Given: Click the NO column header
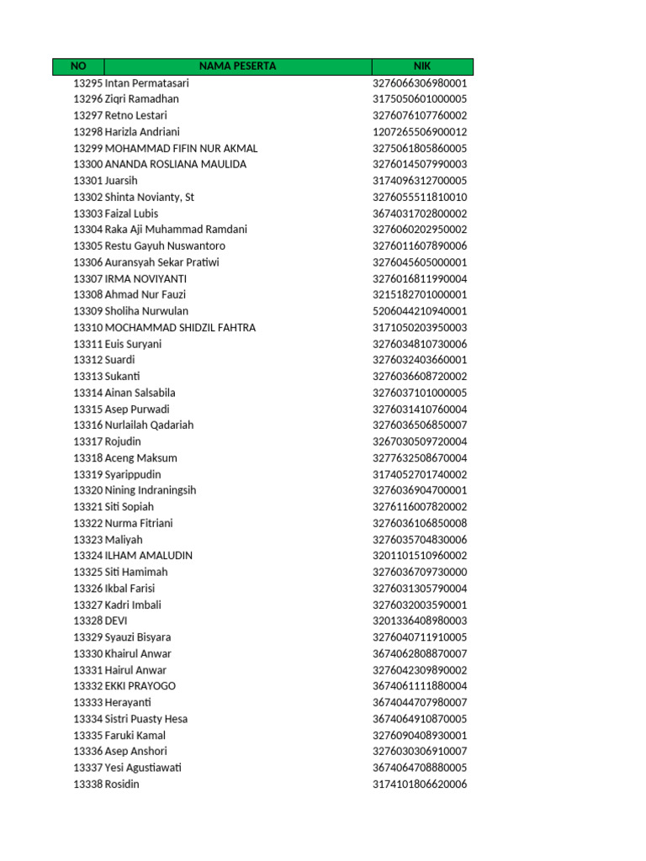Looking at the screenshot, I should pyautogui.click(x=78, y=66).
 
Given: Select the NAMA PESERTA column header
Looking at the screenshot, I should pyautogui.click(x=237, y=66).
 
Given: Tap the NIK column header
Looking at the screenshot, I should pyautogui.click(x=422, y=66).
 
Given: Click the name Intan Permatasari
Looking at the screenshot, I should pyautogui.click(x=147, y=83).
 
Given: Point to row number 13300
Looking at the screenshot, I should pyautogui.click(x=87, y=165).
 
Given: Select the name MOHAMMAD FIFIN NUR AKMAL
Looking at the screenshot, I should pyautogui.click(x=181, y=148).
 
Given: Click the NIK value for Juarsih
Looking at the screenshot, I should pyautogui.click(x=420, y=181).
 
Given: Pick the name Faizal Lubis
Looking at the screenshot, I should pyautogui.click(x=131, y=214).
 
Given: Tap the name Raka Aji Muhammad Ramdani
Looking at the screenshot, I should pyautogui.click(x=176, y=230).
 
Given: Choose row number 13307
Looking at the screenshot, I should pyautogui.click(x=87, y=278).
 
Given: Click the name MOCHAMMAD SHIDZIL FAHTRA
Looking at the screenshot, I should pyautogui.click(x=180, y=328).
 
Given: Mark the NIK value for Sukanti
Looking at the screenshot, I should pyautogui.click(x=420, y=377).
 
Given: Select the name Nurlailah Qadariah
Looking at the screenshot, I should pyautogui.click(x=149, y=425).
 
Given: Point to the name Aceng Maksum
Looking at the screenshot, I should pyautogui.click(x=140, y=458).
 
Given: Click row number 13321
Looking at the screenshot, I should pyautogui.click(x=87, y=507).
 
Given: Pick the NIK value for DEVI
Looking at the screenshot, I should pyautogui.click(x=420, y=621).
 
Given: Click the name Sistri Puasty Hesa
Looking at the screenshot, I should pyautogui.click(x=146, y=719).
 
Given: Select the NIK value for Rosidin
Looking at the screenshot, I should pyautogui.click(x=420, y=784).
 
